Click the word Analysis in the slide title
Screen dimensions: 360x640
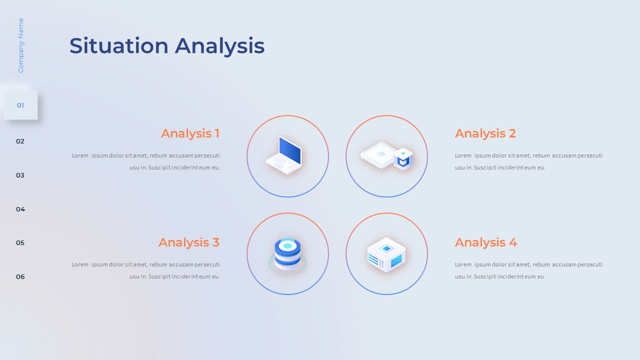[x=219, y=46]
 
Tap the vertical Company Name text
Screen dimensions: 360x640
[x=20, y=45]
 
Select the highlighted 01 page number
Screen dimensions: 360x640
[x=20, y=105]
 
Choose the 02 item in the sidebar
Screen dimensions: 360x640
[x=20, y=141]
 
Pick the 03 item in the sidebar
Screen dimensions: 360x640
[x=20, y=175]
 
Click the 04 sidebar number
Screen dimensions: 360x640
[x=20, y=209]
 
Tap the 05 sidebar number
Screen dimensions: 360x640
[x=20, y=243]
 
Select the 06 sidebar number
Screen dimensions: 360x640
[x=20, y=277]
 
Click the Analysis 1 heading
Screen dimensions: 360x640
[x=190, y=133]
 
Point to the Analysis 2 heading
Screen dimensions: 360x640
[x=485, y=133]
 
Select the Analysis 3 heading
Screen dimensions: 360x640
[x=188, y=242]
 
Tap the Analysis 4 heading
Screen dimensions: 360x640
[x=485, y=242]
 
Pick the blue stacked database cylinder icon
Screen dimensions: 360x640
[x=287, y=254]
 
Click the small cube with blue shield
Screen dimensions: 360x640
[x=403, y=158]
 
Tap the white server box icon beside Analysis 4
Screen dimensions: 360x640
[x=386, y=254]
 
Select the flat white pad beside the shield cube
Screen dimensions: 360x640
[x=378, y=154]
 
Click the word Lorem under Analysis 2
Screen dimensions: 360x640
[x=463, y=155]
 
